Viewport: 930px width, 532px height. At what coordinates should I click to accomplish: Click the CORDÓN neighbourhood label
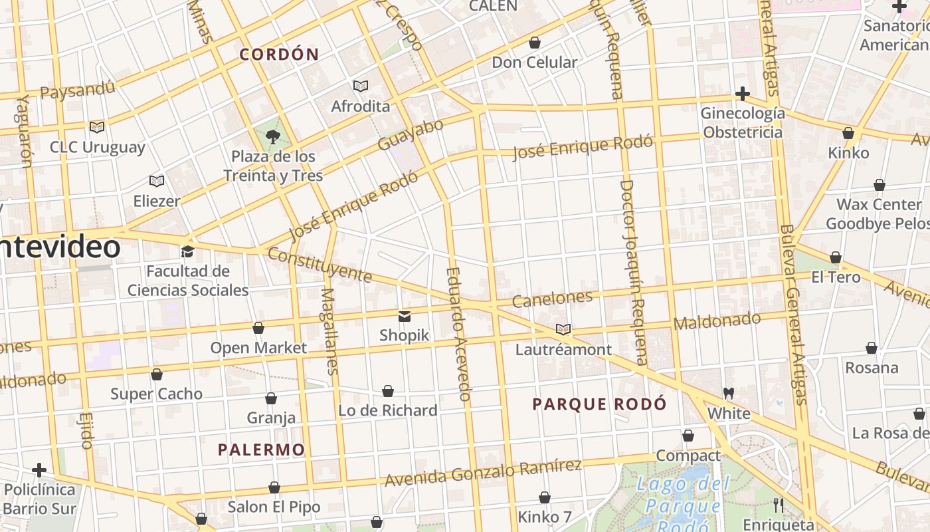[x=279, y=55]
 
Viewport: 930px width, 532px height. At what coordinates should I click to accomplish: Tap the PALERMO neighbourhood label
[x=261, y=450]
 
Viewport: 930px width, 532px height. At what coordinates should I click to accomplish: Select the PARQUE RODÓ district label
[x=599, y=404]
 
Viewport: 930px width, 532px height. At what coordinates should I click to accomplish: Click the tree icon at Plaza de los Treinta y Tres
[x=272, y=137]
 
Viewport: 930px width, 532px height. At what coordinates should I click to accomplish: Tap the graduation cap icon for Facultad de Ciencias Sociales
[x=188, y=251]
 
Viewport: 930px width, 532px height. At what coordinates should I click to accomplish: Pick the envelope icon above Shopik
[x=405, y=316]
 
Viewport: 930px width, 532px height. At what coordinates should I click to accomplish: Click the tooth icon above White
[x=729, y=393]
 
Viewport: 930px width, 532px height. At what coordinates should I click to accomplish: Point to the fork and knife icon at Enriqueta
[x=779, y=505]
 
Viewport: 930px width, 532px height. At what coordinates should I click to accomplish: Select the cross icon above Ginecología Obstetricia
[x=743, y=94]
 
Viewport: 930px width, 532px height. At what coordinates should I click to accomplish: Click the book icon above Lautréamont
[x=563, y=329]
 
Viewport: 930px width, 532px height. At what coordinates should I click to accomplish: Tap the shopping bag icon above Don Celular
[x=534, y=43]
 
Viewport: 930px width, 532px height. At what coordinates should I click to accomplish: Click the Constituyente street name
[x=320, y=265]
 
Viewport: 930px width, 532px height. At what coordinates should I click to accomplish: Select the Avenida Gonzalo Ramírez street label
[x=483, y=472]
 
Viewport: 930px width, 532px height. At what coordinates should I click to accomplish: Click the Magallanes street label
[x=329, y=331]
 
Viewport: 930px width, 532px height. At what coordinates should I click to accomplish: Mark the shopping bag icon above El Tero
[x=836, y=257]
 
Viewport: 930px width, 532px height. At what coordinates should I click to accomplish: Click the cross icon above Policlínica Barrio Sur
[x=39, y=470]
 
